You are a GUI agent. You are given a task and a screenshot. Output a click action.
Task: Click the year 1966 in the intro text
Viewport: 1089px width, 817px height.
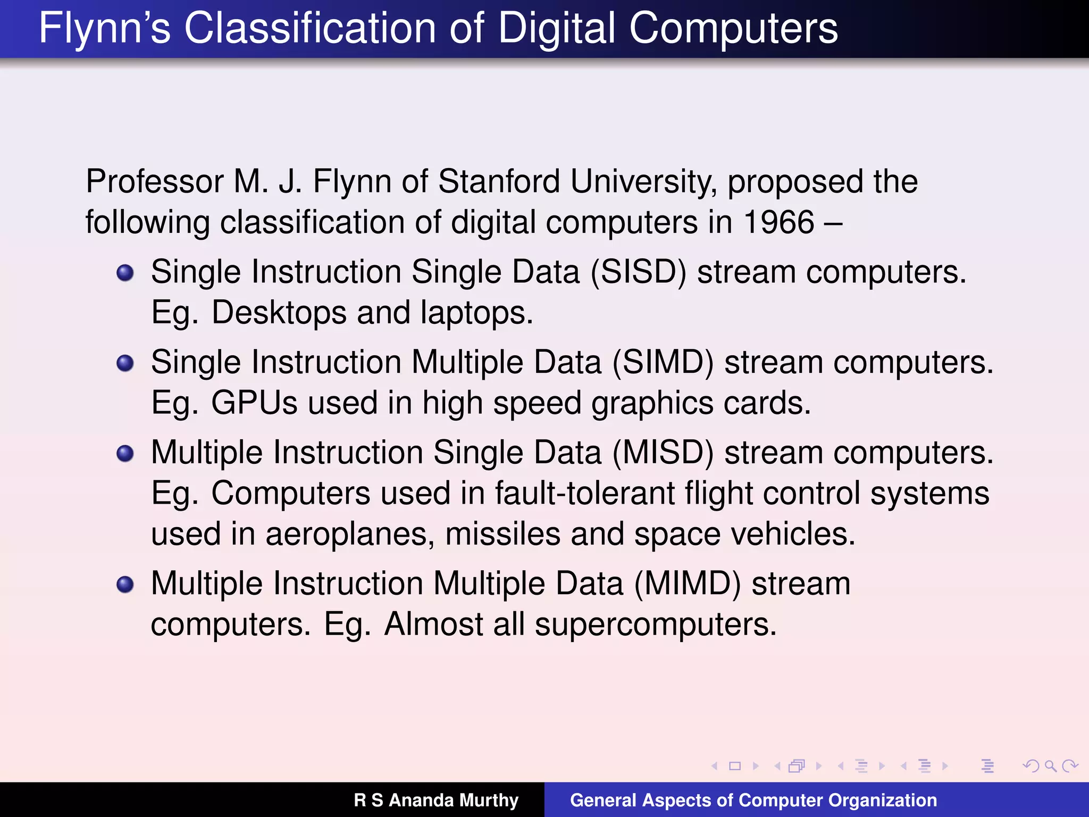[x=778, y=222]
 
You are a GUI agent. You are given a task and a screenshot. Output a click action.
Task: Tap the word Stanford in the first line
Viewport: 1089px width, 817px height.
[x=499, y=181]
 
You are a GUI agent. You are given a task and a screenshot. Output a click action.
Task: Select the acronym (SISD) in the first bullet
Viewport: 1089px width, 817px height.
[x=639, y=272]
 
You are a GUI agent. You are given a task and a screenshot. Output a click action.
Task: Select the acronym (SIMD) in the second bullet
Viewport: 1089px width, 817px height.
[x=663, y=362]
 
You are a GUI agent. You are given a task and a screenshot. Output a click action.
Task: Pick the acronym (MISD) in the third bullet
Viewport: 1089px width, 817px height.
[x=663, y=453]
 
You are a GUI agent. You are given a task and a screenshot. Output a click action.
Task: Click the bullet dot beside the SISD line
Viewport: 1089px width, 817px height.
[x=125, y=273]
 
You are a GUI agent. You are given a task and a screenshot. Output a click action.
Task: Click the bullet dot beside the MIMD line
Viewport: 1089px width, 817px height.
[x=125, y=585]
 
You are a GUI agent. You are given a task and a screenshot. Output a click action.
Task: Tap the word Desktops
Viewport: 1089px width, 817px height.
[x=279, y=312]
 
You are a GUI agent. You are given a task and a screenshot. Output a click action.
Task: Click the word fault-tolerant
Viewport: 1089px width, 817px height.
[x=584, y=493]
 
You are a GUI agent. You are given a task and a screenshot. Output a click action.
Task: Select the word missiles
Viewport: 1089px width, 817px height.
[x=502, y=533]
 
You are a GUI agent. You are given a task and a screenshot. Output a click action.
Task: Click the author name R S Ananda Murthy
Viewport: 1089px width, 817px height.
[x=436, y=800]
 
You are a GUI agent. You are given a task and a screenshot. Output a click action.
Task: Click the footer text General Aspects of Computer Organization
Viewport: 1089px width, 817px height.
[x=753, y=800]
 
